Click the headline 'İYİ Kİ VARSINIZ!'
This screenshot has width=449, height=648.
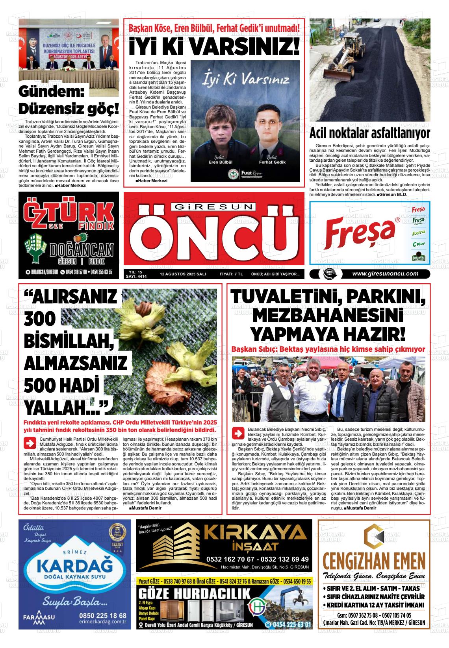214,47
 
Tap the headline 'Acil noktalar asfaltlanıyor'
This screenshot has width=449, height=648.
369,133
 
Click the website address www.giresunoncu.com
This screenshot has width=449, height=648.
385,274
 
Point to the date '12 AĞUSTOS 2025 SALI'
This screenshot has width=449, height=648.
183,274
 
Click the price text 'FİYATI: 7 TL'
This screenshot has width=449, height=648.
231,274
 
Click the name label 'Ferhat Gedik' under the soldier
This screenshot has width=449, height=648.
272,162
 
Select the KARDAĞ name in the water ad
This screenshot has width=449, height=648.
74,567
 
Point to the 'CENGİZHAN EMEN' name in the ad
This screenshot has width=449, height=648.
374,559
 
